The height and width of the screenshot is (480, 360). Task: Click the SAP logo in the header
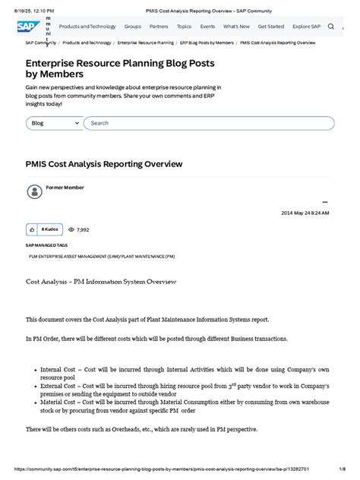(25, 26)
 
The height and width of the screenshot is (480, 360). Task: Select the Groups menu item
(133, 26)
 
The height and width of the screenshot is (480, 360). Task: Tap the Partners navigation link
(159, 26)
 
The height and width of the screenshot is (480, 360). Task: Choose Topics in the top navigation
(184, 26)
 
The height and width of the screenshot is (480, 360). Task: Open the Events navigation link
(207, 26)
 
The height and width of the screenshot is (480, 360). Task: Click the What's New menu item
(235, 26)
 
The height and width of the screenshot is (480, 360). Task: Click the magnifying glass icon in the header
(330, 26)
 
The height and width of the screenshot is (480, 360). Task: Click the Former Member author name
(65, 188)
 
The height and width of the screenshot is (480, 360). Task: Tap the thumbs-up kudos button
(31, 229)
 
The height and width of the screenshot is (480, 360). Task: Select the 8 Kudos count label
(50, 229)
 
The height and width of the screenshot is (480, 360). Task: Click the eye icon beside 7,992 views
(71, 229)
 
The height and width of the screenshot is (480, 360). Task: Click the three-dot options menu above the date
(325, 202)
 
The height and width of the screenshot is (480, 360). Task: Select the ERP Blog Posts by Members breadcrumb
(207, 43)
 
